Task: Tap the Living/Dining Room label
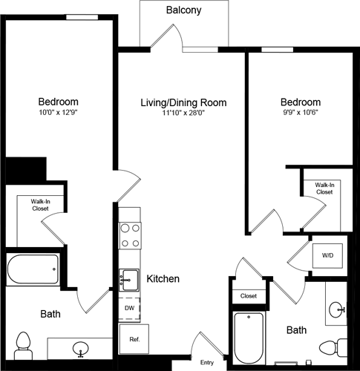[183, 102]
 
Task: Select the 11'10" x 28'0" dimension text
[183, 114]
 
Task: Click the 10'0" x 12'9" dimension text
[58, 114]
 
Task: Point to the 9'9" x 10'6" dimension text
[300, 114]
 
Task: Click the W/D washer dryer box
[327, 256]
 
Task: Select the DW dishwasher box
[128, 306]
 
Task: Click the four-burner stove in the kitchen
[131, 235]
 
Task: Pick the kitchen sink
[129, 280]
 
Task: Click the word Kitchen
[163, 280]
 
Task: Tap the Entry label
[208, 362]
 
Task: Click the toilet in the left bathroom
[22, 344]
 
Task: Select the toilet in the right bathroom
[334, 347]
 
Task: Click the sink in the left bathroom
[79, 348]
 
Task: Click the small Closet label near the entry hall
[248, 296]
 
